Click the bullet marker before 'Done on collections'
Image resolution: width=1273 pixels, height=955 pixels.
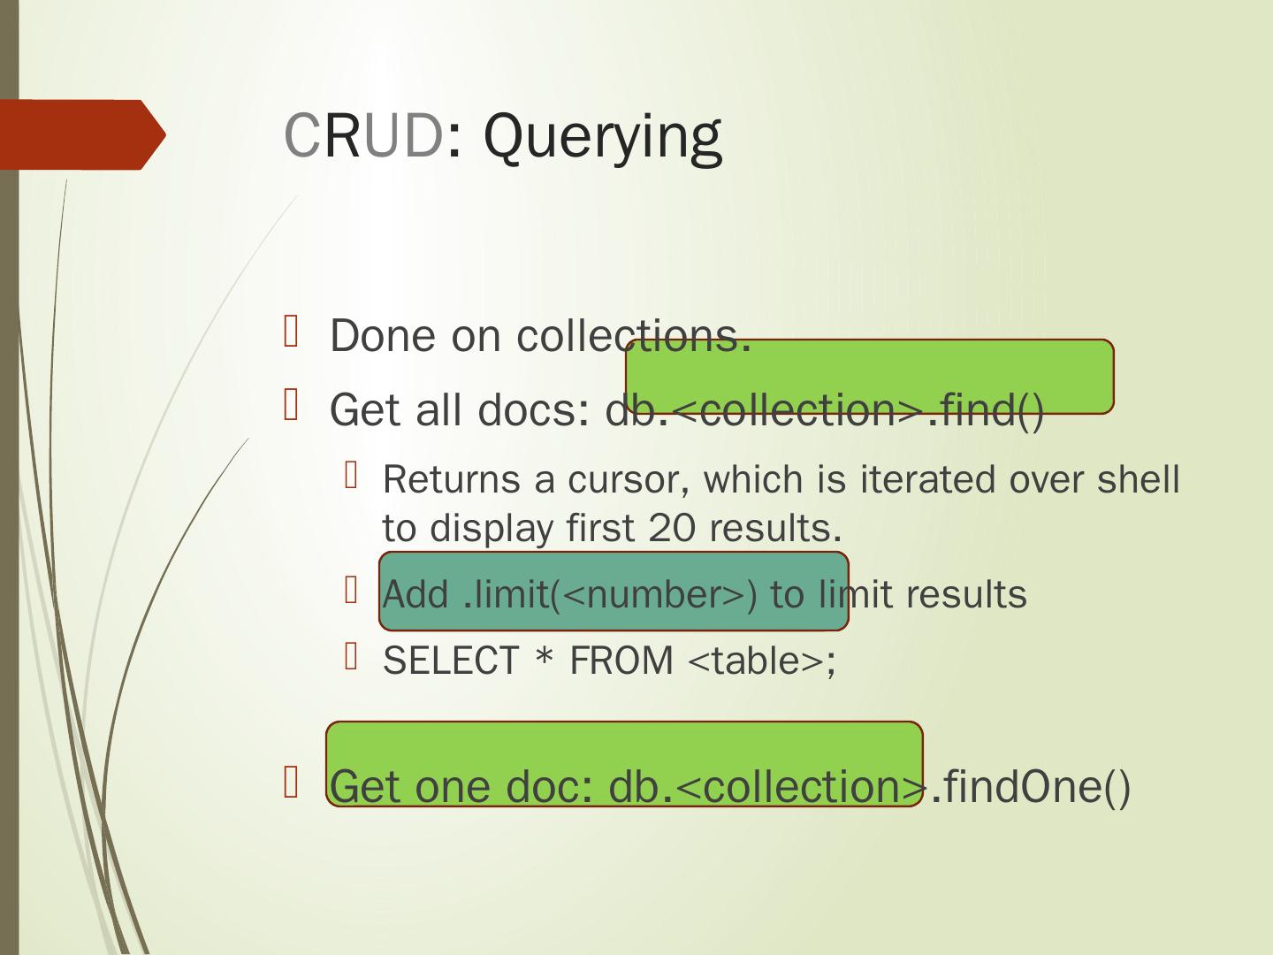click(x=291, y=332)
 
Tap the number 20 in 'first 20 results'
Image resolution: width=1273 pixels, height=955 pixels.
click(x=672, y=528)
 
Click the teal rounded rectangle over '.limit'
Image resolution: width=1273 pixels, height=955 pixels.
click(x=614, y=591)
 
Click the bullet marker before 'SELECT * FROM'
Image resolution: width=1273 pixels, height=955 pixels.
click(x=350, y=657)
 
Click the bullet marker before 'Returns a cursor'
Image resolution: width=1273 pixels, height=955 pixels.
click(x=350, y=476)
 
